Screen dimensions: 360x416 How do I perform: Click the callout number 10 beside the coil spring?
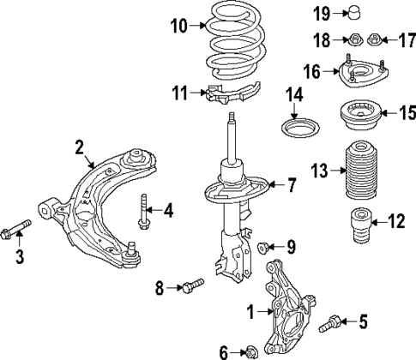(177, 26)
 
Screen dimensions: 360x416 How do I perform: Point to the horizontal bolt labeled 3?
(16, 229)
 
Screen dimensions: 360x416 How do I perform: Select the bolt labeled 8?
(192, 283)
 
